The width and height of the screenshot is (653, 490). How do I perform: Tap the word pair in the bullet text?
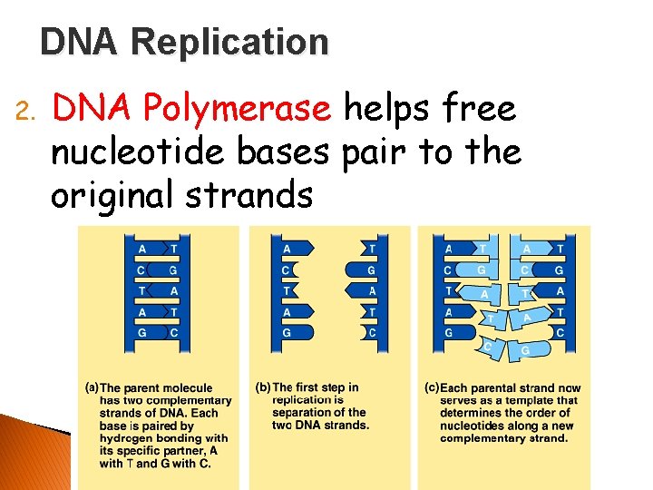(375, 152)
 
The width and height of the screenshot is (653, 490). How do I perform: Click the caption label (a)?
(92, 387)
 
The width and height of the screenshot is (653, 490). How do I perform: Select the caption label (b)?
(262, 387)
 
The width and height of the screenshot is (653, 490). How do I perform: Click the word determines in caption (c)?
(473, 413)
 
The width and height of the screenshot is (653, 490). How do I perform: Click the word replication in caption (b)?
(302, 400)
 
